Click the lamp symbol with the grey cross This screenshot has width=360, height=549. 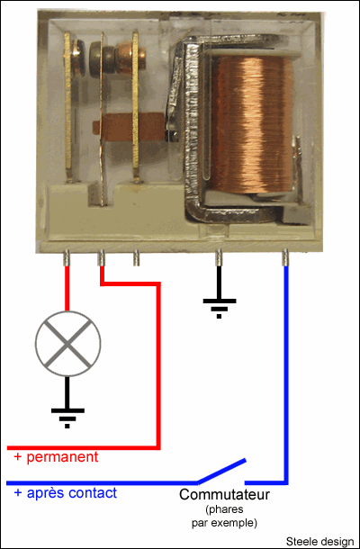pos(67,344)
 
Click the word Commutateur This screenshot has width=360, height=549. pos(224,495)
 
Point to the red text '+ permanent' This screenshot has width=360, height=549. pos(56,457)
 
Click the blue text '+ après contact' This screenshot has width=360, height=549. pos(65,493)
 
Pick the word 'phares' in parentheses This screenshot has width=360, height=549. pos(224,508)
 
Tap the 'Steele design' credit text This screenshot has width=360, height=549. pos(319,541)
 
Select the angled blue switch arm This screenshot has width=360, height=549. pos(221,471)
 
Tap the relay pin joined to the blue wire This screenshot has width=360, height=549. pos(285,257)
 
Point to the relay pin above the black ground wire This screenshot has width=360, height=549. pos(219,257)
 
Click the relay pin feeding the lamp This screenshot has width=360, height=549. pos(67,258)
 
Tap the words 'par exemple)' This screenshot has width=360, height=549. pos(224,524)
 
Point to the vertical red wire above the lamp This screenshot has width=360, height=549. pos(67,289)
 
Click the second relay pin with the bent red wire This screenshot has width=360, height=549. pos(101,258)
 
